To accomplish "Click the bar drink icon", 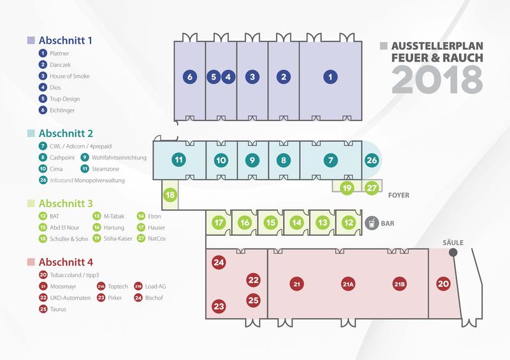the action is coord(372,223).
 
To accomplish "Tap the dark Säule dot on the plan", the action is coord(453,252).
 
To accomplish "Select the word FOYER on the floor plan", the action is coord(399,195).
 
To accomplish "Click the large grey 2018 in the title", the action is coord(437,80).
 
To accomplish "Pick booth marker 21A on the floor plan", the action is coord(348,284).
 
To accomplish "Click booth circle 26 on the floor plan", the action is coord(372,160).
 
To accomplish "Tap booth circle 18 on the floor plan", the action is coord(170,195).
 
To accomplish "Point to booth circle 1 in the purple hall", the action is coord(330,77).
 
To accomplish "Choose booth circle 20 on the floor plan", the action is coord(443,284).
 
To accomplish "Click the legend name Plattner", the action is coord(59,54).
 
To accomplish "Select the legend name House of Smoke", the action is coord(69,76).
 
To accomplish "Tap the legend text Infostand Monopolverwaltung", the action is coord(87,180).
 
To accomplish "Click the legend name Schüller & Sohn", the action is coord(69,239).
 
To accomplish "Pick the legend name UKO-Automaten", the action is coord(70,298).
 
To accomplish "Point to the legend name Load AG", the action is coord(156,286).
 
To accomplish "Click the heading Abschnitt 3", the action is coord(66,204).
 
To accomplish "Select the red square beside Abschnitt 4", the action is coord(31,262).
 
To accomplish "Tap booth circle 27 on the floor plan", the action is coord(372,187).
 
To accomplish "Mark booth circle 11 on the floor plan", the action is coord(178,160).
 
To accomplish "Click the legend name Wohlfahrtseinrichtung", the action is coord(119,157).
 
